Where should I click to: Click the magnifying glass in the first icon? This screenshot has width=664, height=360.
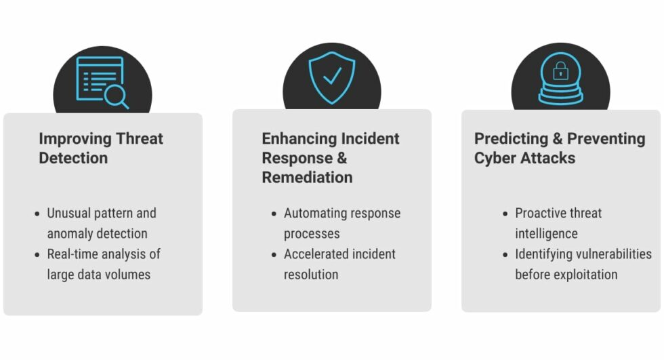(117, 97)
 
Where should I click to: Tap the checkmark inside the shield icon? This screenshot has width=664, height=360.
(333, 75)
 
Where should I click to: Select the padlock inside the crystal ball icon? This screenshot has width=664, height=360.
(561, 71)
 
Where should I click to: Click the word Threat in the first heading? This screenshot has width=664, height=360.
(140, 138)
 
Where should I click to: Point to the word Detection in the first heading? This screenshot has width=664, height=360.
(73, 158)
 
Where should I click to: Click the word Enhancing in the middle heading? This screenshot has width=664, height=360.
(299, 139)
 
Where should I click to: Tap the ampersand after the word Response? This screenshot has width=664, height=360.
(341, 158)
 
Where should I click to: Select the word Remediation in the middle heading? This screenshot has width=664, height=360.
(307, 178)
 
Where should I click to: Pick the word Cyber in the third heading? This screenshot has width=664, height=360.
(493, 159)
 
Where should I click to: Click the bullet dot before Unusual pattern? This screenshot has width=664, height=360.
(37, 214)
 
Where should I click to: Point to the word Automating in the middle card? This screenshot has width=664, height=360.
(310, 213)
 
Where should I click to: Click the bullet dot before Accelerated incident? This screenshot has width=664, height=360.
(274, 254)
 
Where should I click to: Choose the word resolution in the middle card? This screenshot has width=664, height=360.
(311, 275)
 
